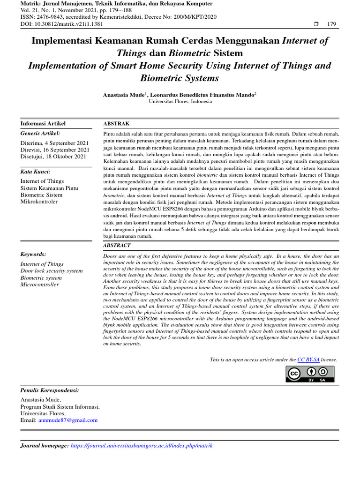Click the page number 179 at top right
[x=331, y=24]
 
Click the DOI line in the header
[x=61, y=24]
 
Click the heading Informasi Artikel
[x=43, y=124]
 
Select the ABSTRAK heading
[x=116, y=124]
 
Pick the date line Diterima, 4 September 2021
[x=54, y=142]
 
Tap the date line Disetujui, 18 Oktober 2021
[x=53, y=157]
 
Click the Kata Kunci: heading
[x=35, y=172]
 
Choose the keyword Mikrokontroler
[x=39, y=202]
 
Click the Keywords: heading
[x=33, y=254]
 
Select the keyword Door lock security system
[x=52, y=271]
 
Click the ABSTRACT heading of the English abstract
[x=117, y=246]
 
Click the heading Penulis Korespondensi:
[x=50, y=390]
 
